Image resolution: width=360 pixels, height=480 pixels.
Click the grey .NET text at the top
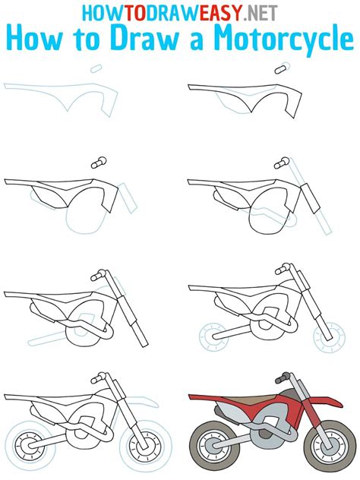pyautogui.click(x=261, y=13)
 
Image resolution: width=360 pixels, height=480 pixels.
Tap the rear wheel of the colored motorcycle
pyautogui.click(x=215, y=445)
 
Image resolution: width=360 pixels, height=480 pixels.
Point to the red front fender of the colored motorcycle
pyautogui.click(x=324, y=400)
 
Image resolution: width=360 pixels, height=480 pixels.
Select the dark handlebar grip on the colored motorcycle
pyautogui.click(x=282, y=378)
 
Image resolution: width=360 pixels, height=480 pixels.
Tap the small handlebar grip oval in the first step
pyautogui.click(x=96, y=68)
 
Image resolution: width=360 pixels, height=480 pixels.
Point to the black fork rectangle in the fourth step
pyautogui.click(x=311, y=198)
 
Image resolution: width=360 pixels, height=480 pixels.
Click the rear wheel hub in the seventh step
pyautogui.click(x=30, y=446)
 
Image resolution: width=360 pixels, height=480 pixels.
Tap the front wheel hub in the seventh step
pyautogui.click(x=144, y=445)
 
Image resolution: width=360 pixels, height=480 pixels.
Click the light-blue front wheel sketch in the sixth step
pyautogui.click(x=329, y=337)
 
